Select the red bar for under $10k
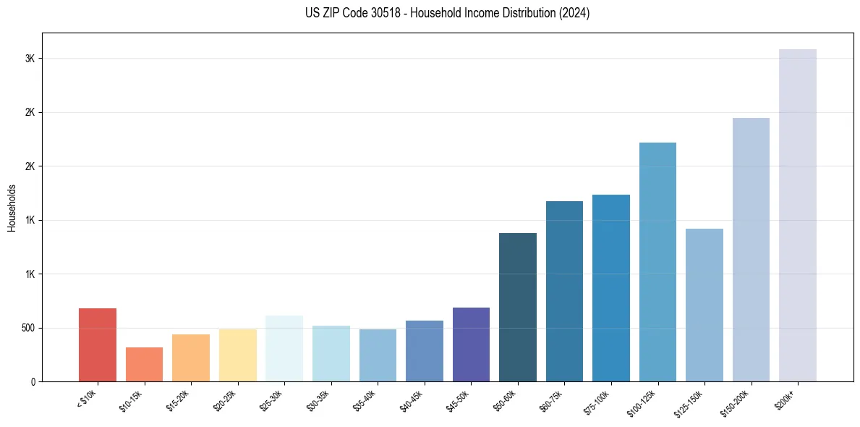click(98, 344)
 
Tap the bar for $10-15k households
click(144, 364)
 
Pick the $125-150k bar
click(704, 305)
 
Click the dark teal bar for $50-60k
click(517, 307)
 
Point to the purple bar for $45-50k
click(471, 344)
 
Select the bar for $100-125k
click(657, 262)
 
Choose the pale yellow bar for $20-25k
click(237, 355)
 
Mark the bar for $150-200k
click(751, 250)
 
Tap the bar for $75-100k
click(610, 288)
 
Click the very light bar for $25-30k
click(284, 348)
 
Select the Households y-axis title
click(12, 207)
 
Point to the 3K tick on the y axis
click(30, 59)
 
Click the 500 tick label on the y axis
click(27, 328)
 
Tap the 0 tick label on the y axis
click(33, 381)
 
